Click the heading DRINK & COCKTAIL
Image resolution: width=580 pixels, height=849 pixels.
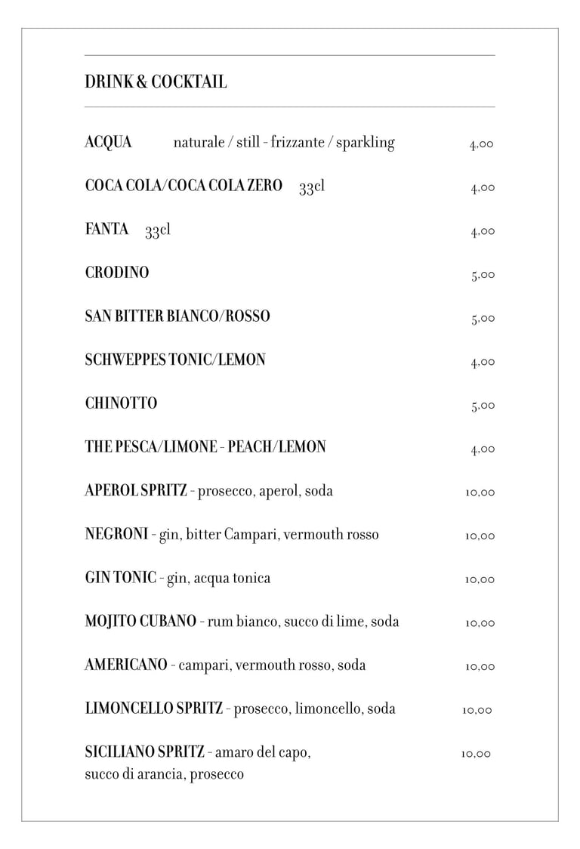[x=156, y=82]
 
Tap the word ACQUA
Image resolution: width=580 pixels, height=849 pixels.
[x=108, y=142]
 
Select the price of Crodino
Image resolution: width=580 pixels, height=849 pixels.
[x=483, y=275]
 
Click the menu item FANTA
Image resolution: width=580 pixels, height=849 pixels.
[x=106, y=230]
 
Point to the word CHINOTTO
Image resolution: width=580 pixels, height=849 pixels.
[x=121, y=403]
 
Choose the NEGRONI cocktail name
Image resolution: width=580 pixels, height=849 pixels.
[x=116, y=535]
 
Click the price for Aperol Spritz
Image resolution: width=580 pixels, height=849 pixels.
[x=480, y=492]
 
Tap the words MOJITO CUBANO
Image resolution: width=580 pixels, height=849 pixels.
[x=140, y=622]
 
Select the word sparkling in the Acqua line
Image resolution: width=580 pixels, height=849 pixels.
[x=365, y=143]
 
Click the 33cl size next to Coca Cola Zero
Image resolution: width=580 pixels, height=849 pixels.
[x=311, y=187]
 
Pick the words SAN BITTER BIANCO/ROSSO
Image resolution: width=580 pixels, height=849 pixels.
[x=177, y=316]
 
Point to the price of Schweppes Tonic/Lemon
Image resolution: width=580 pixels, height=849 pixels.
[x=483, y=363]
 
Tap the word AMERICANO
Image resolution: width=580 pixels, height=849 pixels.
[x=125, y=665]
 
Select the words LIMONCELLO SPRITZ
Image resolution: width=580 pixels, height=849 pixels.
[x=153, y=709]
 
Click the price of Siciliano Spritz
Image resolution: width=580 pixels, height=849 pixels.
[x=476, y=754]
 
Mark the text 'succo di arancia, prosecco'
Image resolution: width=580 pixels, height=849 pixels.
[x=164, y=774]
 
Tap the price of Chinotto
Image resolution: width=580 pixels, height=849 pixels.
[x=483, y=406]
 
